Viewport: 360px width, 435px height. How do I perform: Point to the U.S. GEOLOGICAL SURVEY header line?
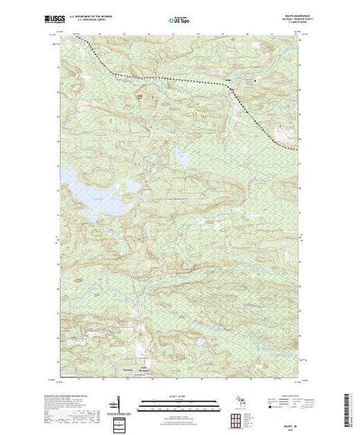tap(101, 21)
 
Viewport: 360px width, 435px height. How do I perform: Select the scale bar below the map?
tap(178, 404)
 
